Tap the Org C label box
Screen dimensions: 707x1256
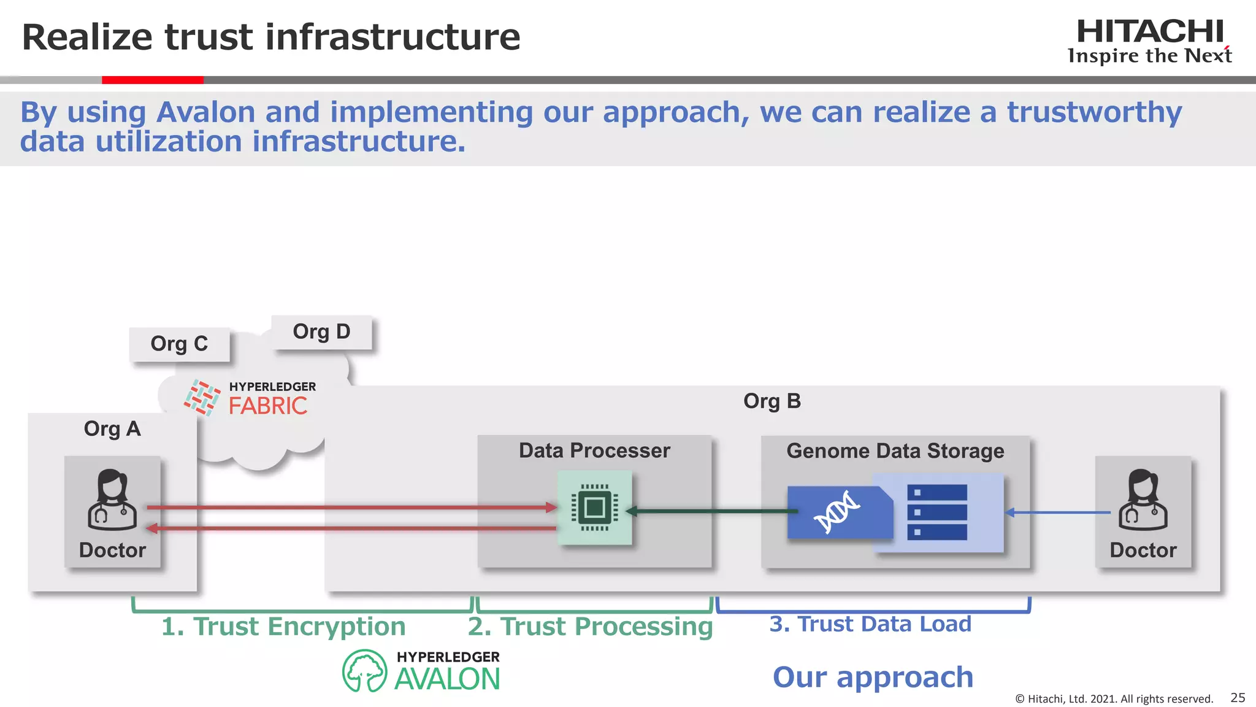[179, 344]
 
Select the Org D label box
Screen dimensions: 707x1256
[321, 332]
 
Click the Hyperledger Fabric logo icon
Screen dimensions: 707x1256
[202, 398]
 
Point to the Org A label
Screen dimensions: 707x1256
[112, 428]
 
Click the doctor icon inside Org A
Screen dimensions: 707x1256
[112, 500]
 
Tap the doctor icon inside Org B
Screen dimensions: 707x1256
[1143, 500]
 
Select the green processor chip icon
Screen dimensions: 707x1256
[594, 508]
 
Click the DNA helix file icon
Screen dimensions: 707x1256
[838, 512]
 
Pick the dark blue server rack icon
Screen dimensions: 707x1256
[936, 512]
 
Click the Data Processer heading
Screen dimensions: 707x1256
[594, 450]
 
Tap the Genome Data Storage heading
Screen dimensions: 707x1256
[895, 451]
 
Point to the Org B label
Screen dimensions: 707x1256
[772, 401]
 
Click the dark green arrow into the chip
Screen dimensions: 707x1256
[711, 511]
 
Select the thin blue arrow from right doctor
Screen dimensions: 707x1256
[1058, 512]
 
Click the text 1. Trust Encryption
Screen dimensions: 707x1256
[283, 627]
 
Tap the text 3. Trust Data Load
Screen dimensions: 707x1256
[870, 624]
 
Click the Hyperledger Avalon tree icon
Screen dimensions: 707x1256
[364, 671]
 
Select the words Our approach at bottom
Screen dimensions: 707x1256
[873, 677]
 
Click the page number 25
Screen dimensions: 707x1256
[1238, 698]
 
